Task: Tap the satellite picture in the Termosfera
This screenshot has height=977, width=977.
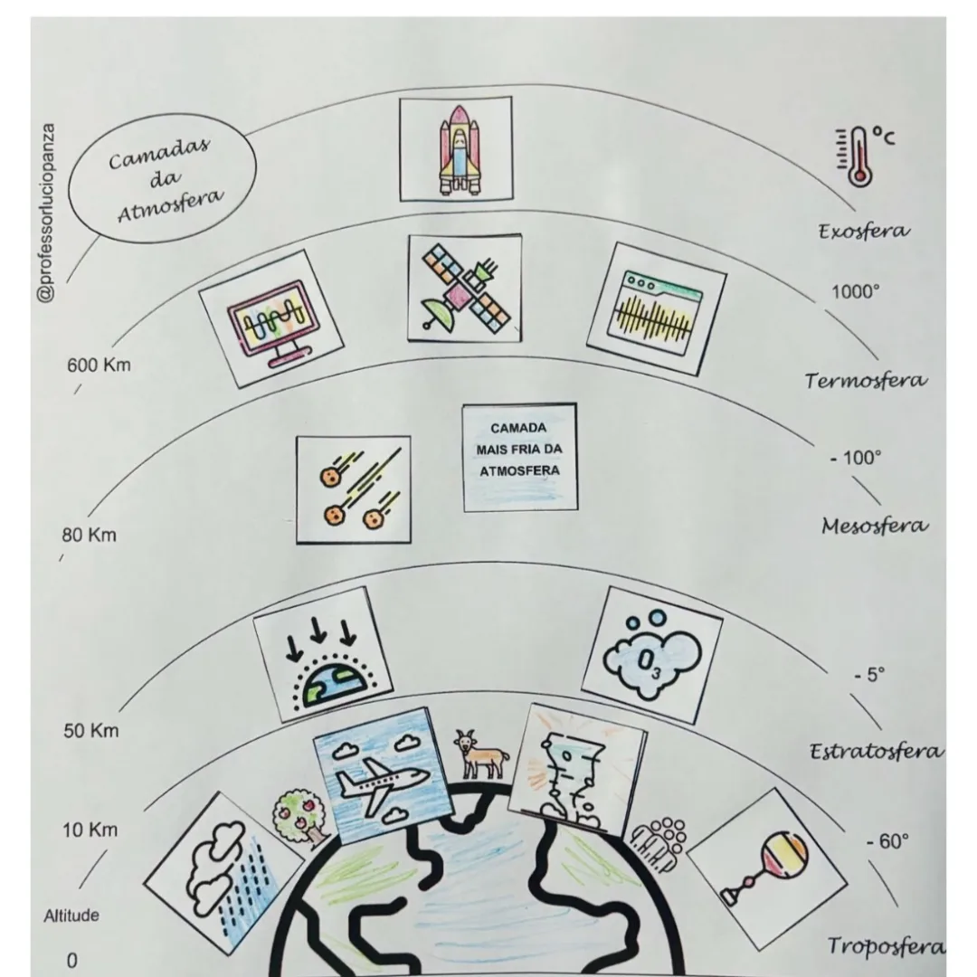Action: (465, 289)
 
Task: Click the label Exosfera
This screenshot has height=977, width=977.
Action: (864, 232)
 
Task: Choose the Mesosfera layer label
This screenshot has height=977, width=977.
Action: (875, 526)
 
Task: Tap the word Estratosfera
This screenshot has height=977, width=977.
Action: (877, 752)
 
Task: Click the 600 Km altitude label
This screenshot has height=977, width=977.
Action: (100, 365)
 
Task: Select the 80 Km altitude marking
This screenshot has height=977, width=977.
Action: (89, 536)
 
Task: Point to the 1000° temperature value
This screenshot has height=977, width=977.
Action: (856, 291)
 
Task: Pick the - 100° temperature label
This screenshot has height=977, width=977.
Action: (856, 458)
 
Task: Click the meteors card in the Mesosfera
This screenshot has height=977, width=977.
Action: (354, 489)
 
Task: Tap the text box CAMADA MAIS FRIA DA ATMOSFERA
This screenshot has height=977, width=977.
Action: (519, 458)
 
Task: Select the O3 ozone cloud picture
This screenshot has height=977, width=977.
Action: (652, 655)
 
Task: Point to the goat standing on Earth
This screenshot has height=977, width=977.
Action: (480, 754)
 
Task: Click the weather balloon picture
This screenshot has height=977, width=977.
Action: (767, 869)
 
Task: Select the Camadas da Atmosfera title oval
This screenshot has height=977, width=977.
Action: (162, 178)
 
